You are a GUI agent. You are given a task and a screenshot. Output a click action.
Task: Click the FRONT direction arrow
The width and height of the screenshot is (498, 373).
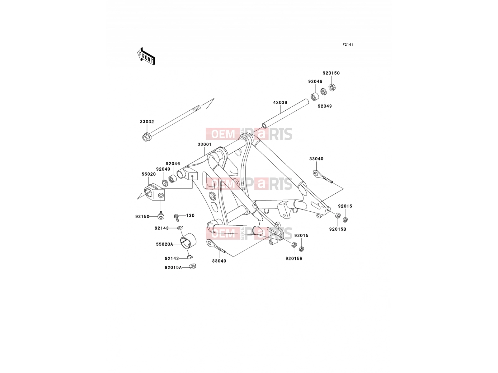[146, 56]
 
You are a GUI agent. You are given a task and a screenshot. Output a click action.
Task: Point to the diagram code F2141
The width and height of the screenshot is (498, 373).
[348, 45]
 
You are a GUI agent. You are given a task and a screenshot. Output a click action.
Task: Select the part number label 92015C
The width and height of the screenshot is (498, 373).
[331, 73]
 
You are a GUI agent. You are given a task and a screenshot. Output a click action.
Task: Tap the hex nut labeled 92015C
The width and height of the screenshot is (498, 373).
[332, 87]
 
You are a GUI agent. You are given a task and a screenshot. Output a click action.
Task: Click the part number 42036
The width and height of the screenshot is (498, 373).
[280, 102]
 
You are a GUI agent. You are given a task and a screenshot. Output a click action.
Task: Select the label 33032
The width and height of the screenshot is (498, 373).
[147, 122]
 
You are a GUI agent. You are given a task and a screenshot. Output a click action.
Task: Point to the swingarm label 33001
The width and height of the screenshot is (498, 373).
[204, 144]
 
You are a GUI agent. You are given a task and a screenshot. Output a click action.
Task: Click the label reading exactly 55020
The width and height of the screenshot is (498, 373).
[148, 174]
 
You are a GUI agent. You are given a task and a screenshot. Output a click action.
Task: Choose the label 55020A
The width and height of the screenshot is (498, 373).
[164, 244]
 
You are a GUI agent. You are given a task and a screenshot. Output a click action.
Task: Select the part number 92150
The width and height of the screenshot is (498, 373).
[142, 217]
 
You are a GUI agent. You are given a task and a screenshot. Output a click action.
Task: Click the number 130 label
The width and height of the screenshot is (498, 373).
[190, 215]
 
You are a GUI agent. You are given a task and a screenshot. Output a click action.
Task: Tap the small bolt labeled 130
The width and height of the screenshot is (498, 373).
[177, 218]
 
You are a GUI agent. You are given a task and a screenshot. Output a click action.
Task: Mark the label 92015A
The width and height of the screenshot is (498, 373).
[173, 268]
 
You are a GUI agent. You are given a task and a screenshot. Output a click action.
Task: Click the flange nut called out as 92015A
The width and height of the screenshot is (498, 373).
[192, 266]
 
